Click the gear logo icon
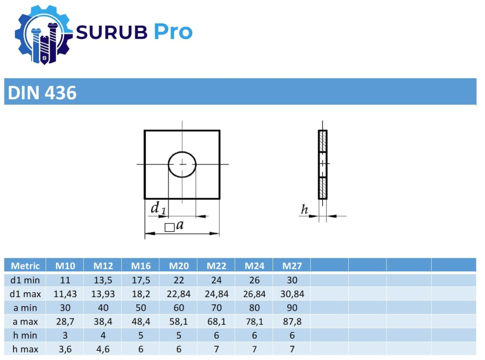click(x=43, y=34)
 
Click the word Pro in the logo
click(x=173, y=32)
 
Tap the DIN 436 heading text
click(x=42, y=93)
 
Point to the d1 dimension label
click(x=158, y=208)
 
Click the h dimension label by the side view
click(x=305, y=209)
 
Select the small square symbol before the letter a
click(x=169, y=227)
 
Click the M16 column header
click(x=141, y=266)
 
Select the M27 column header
click(x=292, y=266)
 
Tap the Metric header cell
click(x=25, y=266)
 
